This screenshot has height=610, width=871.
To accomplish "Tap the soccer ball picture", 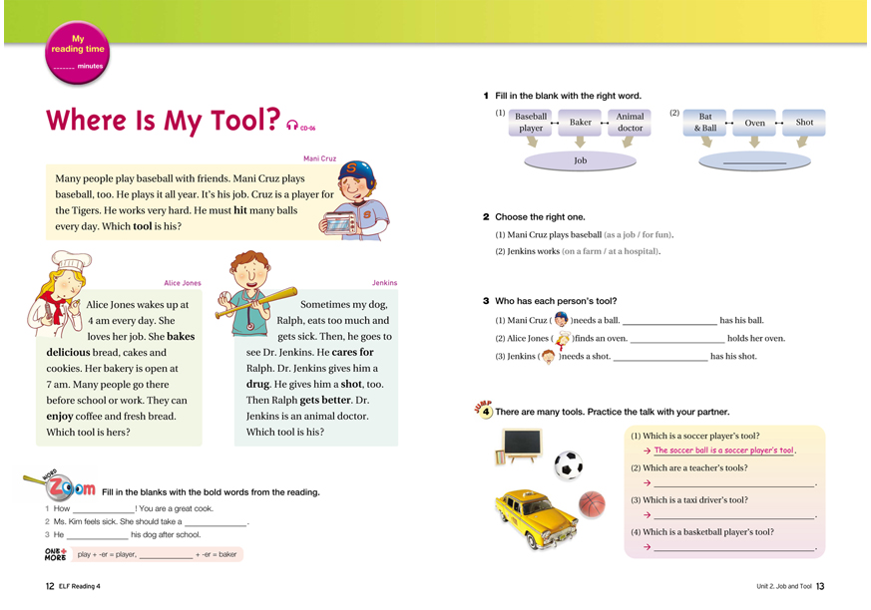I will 568,464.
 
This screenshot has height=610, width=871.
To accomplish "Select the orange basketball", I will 593,504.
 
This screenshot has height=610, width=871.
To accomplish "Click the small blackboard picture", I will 522,445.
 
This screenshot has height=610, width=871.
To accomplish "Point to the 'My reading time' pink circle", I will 77,53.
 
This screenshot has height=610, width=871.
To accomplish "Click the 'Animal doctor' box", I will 630,123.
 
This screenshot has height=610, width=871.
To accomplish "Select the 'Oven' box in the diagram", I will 754,123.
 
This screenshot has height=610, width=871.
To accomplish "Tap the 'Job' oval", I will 580,159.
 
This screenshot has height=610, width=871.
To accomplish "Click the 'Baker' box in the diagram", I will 581,123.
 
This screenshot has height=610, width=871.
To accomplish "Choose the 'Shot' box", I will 804,123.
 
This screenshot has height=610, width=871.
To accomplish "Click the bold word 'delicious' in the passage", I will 67,352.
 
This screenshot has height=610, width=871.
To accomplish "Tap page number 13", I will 820,586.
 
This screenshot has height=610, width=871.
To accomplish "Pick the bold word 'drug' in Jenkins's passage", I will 258,384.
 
